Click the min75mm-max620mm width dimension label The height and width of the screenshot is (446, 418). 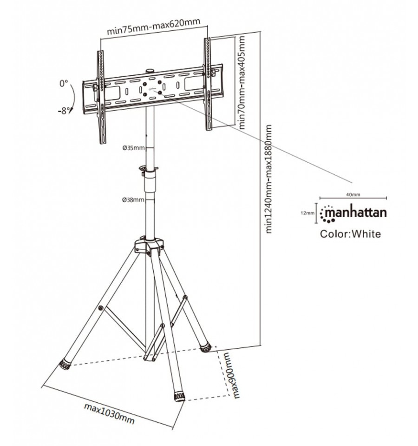154,26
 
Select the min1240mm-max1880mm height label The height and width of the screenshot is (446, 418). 268,179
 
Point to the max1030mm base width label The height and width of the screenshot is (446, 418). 109,413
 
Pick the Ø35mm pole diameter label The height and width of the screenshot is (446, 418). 133,148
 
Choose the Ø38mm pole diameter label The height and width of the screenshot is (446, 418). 133,200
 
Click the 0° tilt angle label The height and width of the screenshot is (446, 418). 64,84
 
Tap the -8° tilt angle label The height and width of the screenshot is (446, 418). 64,111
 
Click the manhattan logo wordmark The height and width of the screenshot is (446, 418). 353,213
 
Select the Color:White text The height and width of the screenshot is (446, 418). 350,234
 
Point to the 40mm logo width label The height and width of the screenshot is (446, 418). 353,194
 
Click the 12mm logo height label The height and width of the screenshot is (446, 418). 307,213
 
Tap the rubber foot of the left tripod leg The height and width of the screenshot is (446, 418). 65,365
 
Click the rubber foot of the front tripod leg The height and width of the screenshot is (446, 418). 179,396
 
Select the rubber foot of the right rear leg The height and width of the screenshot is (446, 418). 206,348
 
